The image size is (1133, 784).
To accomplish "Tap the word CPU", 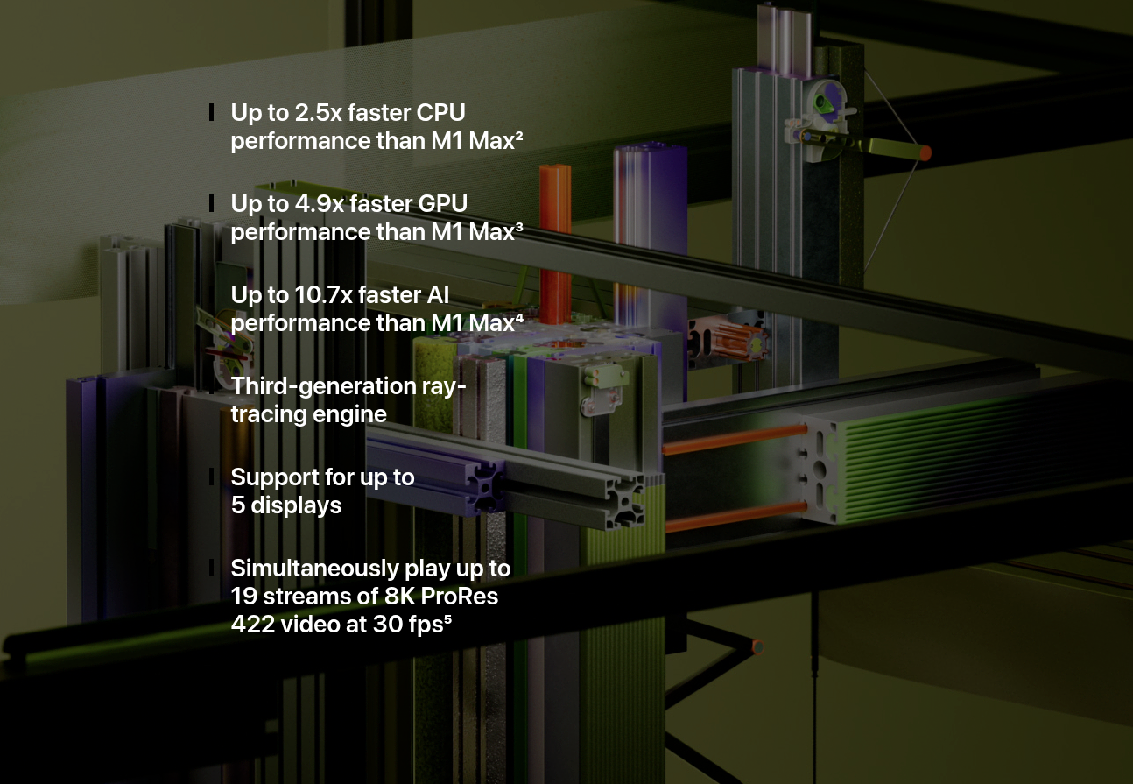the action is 440,113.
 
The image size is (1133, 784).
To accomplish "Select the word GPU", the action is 443,204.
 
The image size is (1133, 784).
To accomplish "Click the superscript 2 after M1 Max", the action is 519,136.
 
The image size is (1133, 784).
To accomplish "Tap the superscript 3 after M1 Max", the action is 519,227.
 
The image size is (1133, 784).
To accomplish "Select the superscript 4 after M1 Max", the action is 519,318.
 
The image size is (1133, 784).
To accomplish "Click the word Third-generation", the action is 324,387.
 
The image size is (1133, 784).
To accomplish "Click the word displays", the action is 296,505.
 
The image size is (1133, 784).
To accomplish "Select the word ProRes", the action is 460,597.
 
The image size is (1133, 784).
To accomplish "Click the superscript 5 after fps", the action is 447,619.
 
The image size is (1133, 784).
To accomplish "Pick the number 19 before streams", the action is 243,597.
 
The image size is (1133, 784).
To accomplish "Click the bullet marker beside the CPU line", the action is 211,112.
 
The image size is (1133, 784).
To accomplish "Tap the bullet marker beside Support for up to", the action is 211,477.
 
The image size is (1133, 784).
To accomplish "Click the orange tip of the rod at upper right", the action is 925,152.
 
